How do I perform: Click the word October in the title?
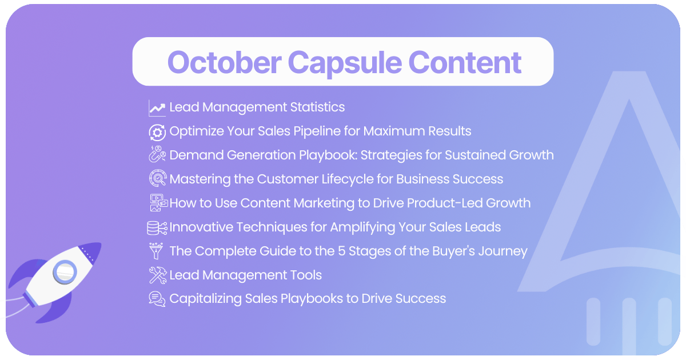pos(224,62)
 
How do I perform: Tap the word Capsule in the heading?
pos(345,64)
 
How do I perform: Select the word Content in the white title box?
pos(465,62)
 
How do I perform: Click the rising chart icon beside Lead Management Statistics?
pos(157,108)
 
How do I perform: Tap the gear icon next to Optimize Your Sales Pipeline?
pos(157,132)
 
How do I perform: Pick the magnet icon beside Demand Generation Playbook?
pos(157,154)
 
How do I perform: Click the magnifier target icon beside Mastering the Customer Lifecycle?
pos(158,178)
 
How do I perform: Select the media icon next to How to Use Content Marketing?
pos(159,202)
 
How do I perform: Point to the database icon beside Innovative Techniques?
pos(157,228)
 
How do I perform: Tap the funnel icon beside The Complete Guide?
pos(156,251)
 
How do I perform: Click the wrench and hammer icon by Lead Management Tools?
pos(158,275)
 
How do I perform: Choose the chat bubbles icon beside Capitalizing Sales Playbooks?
pos(157,299)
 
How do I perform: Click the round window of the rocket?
pos(65,272)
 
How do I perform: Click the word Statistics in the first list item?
pos(317,107)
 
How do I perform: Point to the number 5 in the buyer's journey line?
pos(341,251)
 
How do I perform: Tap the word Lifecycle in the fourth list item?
pos(348,179)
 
